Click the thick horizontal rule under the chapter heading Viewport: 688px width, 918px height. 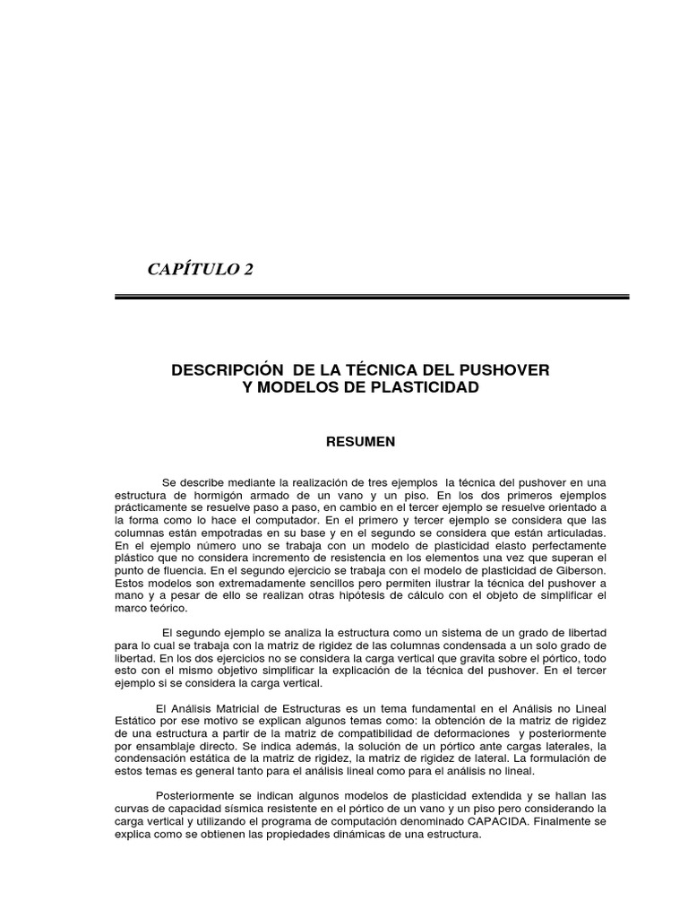click(372, 297)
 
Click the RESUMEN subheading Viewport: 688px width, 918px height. click(359, 441)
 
